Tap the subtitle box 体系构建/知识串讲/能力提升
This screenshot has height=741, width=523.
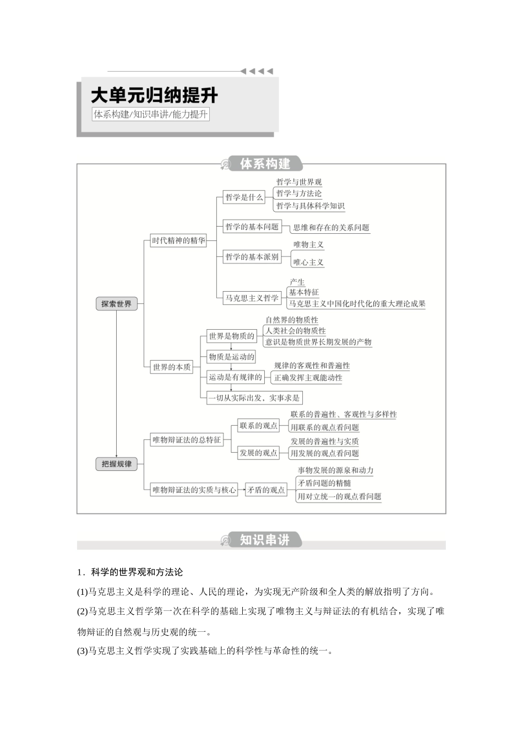[x=151, y=115]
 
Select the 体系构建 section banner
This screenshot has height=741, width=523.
[x=265, y=164]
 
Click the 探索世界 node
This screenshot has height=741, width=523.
[x=116, y=304]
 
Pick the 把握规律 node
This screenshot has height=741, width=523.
[x=116, y=464]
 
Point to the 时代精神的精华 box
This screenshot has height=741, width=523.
[x=178, y=241]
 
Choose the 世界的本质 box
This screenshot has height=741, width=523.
[x=172, y=367]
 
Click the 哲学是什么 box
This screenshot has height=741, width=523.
[x=244, y=197]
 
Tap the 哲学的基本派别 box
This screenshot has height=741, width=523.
[x=252, y=257]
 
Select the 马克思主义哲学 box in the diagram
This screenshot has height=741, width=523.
[x=252, y=298]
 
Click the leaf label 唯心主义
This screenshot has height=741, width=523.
[x=308, y=262]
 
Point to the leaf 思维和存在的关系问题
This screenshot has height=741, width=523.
[x=331, y=228]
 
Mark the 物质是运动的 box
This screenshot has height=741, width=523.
[x=231, y=357]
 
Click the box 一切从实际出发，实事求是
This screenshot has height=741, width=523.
[x=254, y=398]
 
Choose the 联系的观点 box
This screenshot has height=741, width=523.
[x=258, y=426]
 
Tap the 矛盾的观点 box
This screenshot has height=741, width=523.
[x=266, y=490]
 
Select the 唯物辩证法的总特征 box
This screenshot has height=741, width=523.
[x=187, y=440]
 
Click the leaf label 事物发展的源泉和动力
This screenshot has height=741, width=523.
[x=335, y=470]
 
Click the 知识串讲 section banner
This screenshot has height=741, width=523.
[x=265, y=540]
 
